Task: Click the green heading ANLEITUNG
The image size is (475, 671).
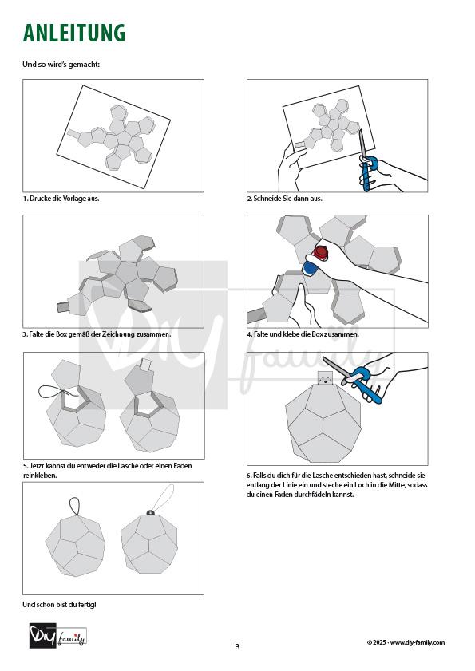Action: (73, 34)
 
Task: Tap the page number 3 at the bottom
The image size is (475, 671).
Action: (238, 646)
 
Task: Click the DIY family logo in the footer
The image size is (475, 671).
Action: (58, 635)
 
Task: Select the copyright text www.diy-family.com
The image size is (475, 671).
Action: (418, 642)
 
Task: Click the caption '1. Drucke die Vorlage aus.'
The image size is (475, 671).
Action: (61, 199)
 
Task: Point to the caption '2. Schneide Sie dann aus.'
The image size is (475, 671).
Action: (284, 199)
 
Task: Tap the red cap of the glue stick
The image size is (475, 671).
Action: (320, 253)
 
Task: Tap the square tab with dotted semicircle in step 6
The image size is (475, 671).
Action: (326, 378)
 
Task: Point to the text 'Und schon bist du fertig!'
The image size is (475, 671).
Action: (60, 605)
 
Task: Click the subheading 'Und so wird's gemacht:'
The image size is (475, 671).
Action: (61, 65)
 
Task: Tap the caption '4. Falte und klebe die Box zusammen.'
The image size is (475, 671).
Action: (303, 334)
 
